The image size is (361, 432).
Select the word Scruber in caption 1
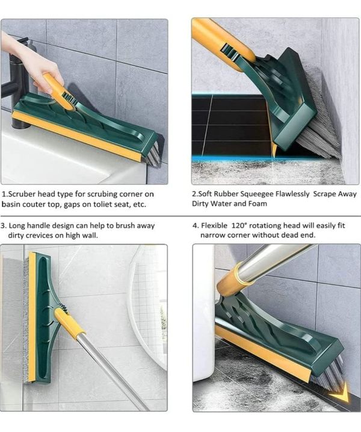(x=22, y=194)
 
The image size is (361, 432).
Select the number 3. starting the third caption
(x=4, y=226)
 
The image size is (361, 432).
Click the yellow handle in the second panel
(x=223, y=42)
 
